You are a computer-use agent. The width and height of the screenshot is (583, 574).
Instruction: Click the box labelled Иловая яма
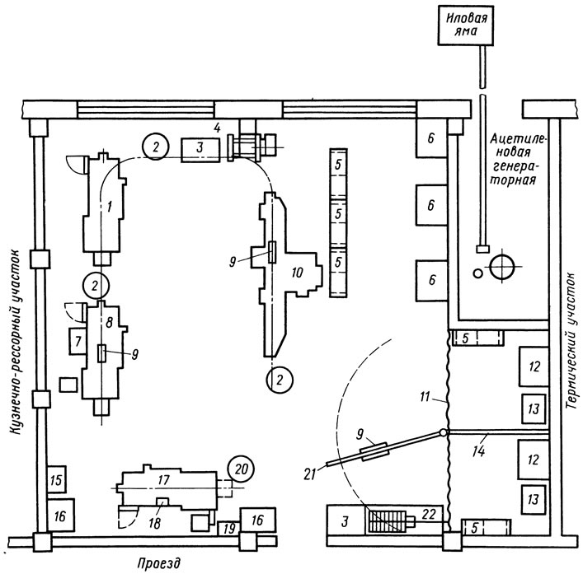tap(466, 26)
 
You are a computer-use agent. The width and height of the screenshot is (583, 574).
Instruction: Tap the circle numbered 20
tap(241, 469)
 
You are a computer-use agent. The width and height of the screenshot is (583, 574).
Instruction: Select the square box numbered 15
tap(57, 479)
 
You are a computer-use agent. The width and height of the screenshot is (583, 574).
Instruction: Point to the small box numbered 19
tap(229, 529)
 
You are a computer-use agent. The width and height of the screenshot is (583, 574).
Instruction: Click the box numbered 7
tap(78, 341)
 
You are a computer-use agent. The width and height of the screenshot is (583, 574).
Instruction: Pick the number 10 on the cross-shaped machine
tap(297, 273)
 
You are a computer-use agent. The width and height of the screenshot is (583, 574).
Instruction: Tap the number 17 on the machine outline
tap(163, 480)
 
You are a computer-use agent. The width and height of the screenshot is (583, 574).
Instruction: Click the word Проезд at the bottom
tap(158, 563)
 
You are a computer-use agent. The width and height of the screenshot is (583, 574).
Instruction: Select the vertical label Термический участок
tap(571, 341)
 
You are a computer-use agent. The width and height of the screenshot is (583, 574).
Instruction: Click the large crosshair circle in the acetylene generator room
tap(502, 267)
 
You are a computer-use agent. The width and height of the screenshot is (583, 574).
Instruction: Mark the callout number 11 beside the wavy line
tap(425, 397)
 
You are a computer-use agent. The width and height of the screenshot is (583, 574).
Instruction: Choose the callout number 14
tap(479, 451)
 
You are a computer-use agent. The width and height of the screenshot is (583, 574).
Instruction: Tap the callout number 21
tap(310, 474)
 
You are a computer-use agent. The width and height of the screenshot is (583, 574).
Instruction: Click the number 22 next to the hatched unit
tap(429, 514)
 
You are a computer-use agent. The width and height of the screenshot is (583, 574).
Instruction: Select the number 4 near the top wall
tap(217, 128)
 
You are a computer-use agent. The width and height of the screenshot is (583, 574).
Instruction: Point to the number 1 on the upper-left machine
tap(109, 207)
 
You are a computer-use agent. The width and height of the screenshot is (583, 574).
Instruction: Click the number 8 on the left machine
tap(109, 322)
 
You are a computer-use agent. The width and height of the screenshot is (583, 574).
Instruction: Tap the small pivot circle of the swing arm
tap(443, 432)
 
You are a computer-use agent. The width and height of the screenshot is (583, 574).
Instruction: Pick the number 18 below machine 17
tap(154, 523)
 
